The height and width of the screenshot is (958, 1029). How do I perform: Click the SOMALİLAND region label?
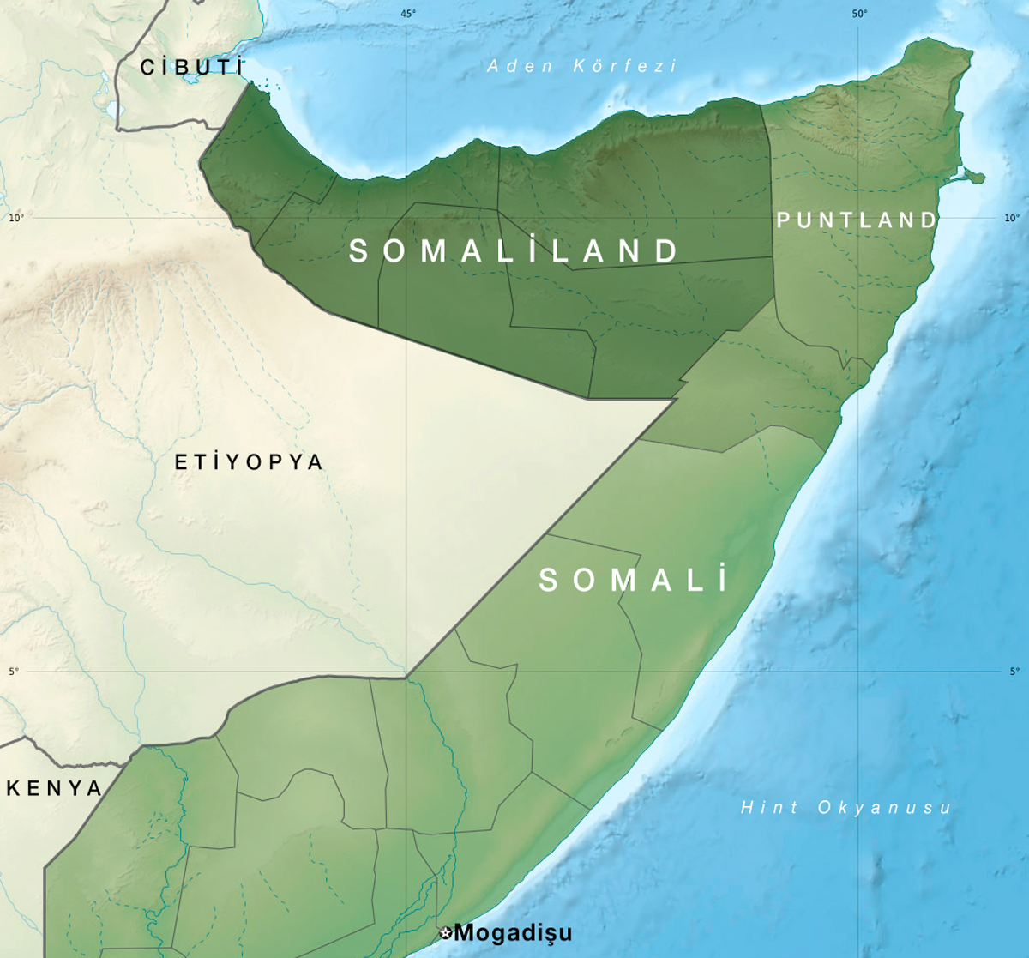pyautogui.click(x=514, y=250)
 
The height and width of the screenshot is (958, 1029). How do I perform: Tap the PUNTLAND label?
pyautogui.click(x=857, y=220)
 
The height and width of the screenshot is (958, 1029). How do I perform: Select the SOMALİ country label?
pyautogui.click(x=633, y=581)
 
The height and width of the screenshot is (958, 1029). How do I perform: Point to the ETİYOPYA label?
pyautogui.click(x=249, y=462)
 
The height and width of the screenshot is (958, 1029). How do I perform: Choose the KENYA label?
pyautogui.click(x=55, y=788)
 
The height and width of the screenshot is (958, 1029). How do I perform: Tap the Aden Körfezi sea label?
pyautogui.click(x=582, y=66)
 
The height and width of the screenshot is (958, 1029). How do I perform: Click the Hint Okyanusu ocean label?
pyautogui.click(x=845, y=807)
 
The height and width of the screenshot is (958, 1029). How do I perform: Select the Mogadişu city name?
pyautogui.click(x=513, y=932)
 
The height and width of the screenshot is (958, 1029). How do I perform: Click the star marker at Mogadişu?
pyautogui.click(x=445, y=933)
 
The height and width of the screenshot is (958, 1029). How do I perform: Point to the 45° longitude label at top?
pyautogui.click(x=408, y=13)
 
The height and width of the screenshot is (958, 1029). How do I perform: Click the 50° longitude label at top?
pyautogui.click(x=860, y=13)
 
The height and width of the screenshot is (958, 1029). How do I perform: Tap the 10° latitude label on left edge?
pyautogui.click(x=15, y=218)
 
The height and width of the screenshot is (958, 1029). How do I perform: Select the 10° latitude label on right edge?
pyautogui.click(x=1012, y=218)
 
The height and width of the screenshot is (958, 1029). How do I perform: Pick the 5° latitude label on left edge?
pyautogui.click(x=14, y=672)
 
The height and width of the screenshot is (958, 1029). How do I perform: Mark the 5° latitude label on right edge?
pyautogui.click(x=1014, y=672)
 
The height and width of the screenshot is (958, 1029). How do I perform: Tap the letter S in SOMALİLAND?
pyautogui.click(x=359, y=250)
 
